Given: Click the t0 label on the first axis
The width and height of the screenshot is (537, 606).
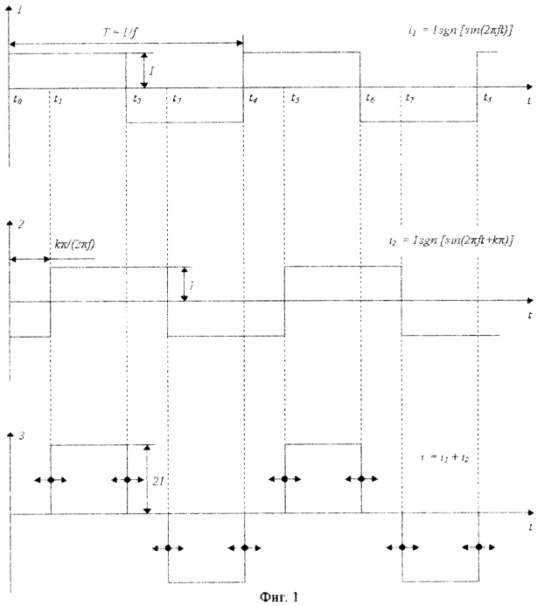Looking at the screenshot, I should (x=18, y=100).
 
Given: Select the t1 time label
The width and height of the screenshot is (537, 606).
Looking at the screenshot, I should (x=58, y=100).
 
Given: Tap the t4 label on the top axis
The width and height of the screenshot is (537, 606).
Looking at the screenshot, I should (x=253, y=99).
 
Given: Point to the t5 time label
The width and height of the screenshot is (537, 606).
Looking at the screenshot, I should (x=296, y=100).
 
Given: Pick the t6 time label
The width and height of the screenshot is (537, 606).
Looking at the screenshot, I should (x=372, y=100).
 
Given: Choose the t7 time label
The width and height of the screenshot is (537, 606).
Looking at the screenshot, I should (x=410, y=100).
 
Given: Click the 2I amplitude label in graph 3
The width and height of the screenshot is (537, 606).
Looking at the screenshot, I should (x=157, y=480).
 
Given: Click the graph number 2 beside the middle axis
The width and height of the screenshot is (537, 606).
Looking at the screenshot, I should (x=20, y=225).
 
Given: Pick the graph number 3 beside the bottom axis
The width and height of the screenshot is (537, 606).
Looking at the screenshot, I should (x=20, y=434).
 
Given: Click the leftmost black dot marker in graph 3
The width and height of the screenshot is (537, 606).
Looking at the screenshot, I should (x=52, y=480).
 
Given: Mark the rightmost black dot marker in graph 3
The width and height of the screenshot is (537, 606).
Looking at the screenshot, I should (x=478, y=547).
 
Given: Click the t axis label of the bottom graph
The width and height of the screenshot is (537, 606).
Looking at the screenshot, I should (x=530, y=528).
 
